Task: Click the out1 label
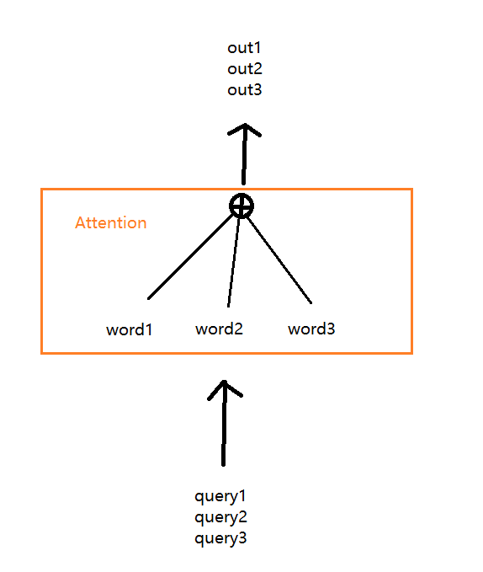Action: click(x=244, y=48)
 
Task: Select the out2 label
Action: click(x=245, y=69)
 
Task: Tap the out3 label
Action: click(x=245, y=90)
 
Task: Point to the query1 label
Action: click(x=220, y=496)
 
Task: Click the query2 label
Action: click(x=220, y=517)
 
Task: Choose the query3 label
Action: click(x=220, y=539)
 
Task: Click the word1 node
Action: click(x=129, y=329)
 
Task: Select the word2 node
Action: click(x=219, y=329)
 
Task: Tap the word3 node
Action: click(x=311, y=329)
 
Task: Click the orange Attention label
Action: click(x=111, y=223)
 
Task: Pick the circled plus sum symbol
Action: click(x=241, y=206)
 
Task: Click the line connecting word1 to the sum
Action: click(x=190, y=257)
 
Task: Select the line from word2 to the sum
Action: click(x=233, y=263)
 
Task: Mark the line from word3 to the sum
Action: click(x=279, y=260)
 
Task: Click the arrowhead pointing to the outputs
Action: click(x=244, y=130)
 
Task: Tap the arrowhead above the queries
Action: click(x=225, y=390)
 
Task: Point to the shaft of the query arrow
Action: click(x=224, y=424)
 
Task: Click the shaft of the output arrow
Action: click(x=244, y=155)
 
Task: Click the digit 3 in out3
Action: click(x=257, y=90)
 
